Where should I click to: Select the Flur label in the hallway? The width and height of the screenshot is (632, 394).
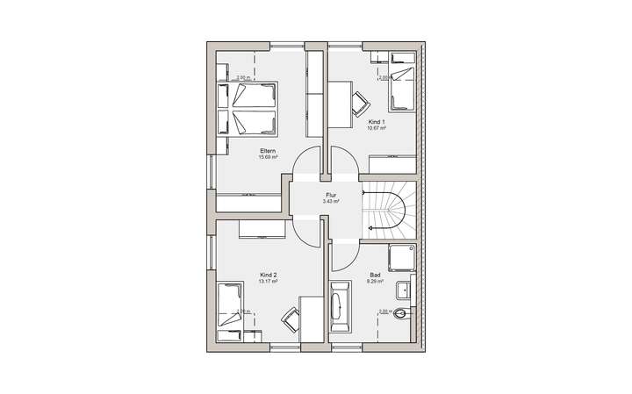click(x=331, y=196)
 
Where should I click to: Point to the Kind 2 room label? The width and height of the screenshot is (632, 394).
click(x=269, y=275)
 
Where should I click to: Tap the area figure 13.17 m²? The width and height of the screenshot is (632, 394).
click(x=269, y=282)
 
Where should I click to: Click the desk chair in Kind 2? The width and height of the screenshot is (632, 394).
click(x=290, y=320)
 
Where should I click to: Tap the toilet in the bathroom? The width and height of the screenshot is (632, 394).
click(x=402, y=314)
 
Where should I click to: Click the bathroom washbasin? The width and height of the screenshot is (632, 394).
click(x=405, y=289)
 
